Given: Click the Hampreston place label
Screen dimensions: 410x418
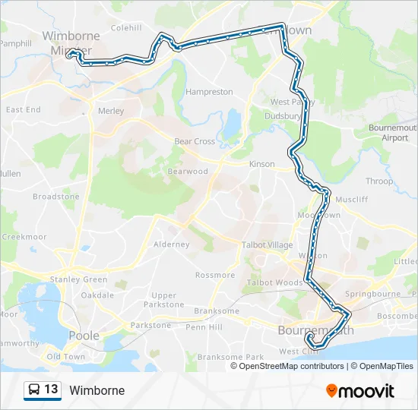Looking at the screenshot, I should tap(209, 92).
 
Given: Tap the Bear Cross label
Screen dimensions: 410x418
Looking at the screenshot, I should tap(195, 141).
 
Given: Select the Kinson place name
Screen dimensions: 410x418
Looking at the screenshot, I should tap(261, 164).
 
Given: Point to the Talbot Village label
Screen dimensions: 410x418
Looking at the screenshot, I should tap(267, 244).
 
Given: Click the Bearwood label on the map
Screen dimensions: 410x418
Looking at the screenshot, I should tap(188, 172).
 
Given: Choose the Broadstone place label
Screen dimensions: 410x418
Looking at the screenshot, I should tap(55, 197).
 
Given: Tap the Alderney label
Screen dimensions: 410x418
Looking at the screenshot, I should tap(172, 244).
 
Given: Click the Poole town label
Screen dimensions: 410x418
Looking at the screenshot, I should tap(84, 335).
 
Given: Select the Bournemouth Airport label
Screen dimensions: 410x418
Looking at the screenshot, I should tap(394, 133).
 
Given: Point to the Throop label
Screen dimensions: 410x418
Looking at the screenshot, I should tap(379, 181).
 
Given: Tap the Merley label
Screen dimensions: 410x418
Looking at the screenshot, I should tap(111, 111).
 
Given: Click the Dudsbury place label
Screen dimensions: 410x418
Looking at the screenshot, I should tap(283, 116).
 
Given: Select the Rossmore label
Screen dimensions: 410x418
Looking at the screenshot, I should tap(212, 275).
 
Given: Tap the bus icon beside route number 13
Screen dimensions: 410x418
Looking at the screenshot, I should tap(33, 390).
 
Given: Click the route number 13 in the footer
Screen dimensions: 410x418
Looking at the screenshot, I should tap(51, 390).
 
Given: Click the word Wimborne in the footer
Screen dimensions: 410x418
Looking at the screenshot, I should tap(97, 391).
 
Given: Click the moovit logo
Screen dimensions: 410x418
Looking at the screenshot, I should tap(360, 391).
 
